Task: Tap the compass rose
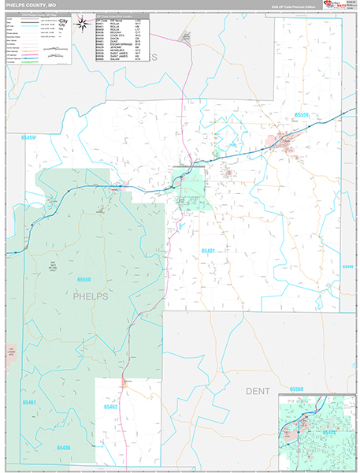tap(82, 25)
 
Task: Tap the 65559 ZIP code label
tap(304, 115)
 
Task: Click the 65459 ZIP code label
tap(28, 138)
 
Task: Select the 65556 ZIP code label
tap(85, 280)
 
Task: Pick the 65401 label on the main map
tap(208, 250)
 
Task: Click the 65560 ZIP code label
tap(296, 389)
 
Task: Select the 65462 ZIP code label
tap(109, 407)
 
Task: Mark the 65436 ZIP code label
tap(63, 447)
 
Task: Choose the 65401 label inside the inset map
tap(330, 432)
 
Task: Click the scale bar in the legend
tap(54, 48)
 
